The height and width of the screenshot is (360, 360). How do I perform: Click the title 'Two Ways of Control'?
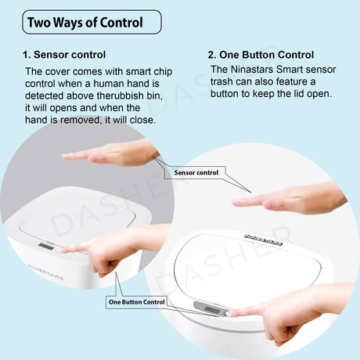click(x=85, y=23)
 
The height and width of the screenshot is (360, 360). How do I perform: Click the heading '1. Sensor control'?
click(x=64, y=55)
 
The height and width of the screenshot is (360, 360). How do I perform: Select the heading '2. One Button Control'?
click(x=261, y=55)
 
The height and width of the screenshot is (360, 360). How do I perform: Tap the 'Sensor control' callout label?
click(x=196, y=173)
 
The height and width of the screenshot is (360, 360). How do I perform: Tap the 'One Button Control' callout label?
click(x=137, y=302)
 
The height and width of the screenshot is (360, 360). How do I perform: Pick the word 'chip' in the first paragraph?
click(x=163, y=72)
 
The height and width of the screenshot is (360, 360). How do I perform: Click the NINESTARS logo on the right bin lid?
click(x=264, y=240)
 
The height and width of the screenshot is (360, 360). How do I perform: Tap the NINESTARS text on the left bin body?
click(x=45, y=272)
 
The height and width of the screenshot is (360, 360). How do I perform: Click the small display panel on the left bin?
click(x=46, y=247)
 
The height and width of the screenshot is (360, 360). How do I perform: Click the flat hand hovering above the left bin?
click(x=111, y=154)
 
